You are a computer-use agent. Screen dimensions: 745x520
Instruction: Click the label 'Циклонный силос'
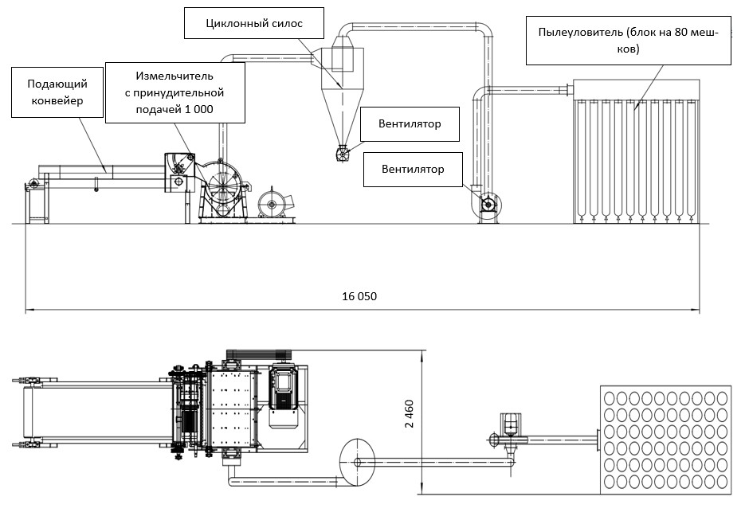tap(254, 23)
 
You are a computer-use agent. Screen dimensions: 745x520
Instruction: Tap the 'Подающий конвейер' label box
tap(57, 92)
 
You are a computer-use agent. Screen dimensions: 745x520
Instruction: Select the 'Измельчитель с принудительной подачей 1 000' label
tap(174, 92)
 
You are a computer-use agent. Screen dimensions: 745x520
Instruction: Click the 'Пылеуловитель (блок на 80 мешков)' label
tap(628, 41)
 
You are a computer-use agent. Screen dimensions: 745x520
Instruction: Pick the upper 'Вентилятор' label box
tap(410, 124)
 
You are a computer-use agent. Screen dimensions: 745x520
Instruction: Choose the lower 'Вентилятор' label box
tap(413, 169)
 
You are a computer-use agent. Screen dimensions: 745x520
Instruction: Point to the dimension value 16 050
tap(359, 296)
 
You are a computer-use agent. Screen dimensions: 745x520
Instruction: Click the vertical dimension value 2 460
tap(409, 413)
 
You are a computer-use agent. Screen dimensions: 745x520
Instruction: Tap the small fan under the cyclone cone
tap(343, 154)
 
